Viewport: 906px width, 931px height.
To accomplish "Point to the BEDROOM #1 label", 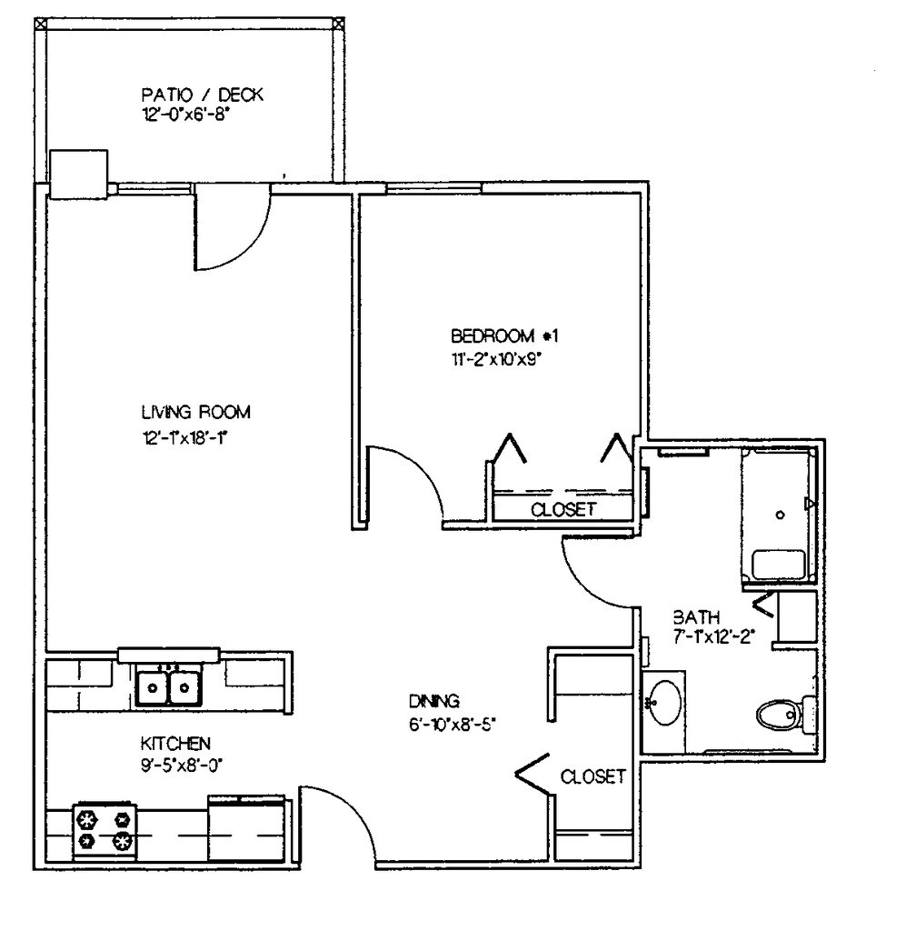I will point(505,335).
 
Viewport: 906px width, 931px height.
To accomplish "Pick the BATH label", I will point(690,616).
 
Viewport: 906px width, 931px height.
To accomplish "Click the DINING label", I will point(434,701).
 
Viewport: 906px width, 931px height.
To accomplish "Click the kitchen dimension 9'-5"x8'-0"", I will point(176,765).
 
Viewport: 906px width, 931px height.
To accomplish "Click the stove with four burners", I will point(103,829).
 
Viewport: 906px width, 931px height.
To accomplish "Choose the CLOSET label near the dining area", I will point(592,776).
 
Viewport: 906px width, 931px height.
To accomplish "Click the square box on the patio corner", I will point(78,174).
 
